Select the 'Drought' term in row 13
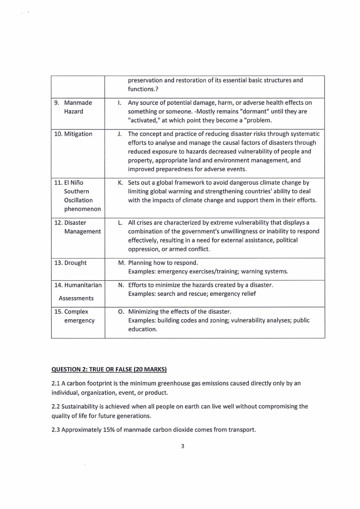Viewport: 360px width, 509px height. (x=74, y=263)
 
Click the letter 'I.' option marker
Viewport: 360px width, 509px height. (x=120, y=103)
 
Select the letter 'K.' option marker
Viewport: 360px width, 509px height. (x=121, y=182)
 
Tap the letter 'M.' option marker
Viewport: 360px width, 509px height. (x=122, y=263)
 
